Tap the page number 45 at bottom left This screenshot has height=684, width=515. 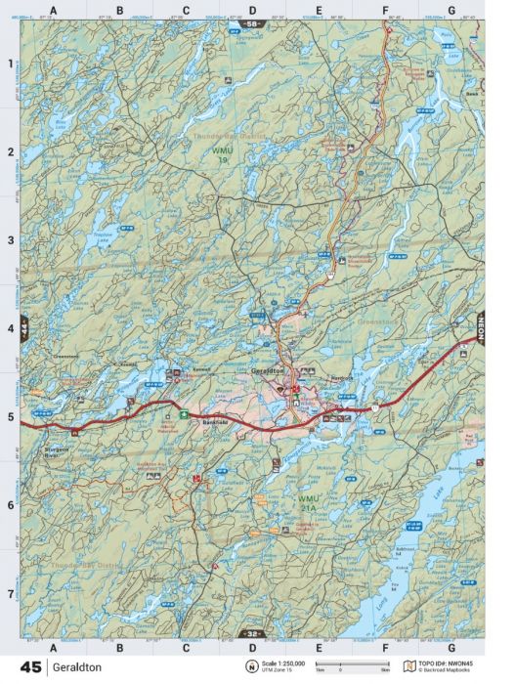click(29, 668)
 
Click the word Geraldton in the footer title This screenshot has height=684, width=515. click(76, 668)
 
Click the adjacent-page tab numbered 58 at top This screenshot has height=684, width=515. click(252, 21)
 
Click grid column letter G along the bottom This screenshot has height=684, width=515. click(451, 647)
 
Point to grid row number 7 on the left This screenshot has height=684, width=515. click(11, 593)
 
